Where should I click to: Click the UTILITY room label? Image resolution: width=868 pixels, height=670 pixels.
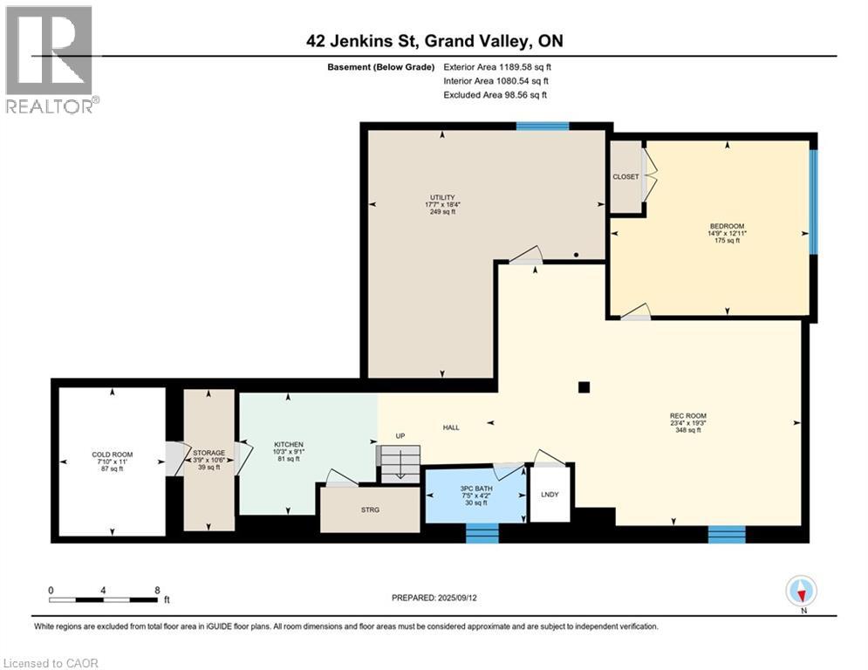click(x=442, y=197)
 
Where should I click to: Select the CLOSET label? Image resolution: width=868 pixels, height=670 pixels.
click(x=625, y=177)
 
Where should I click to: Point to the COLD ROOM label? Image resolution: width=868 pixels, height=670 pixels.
click(x=113, y=455)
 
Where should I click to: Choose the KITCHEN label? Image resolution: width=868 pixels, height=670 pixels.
click(x=288, y=445)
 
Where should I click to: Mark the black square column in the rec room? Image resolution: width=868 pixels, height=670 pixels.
click(x=584, y=387)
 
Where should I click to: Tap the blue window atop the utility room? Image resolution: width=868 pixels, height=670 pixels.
click(x=542, y=126)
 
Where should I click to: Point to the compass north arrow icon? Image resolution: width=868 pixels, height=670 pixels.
click(x=801, y=592)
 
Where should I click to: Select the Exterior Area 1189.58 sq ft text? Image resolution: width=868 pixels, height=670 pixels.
click(x=497, y=66)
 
